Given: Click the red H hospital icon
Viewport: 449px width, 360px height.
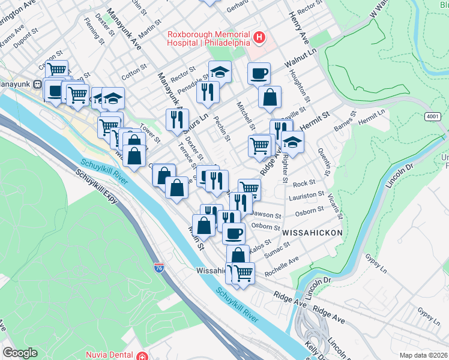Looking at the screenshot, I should [x=259, y=38].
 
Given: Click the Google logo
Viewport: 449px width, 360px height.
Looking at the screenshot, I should [x=20, y=353].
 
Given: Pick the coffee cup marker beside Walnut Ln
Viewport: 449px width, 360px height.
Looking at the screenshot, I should [x=259, y=73].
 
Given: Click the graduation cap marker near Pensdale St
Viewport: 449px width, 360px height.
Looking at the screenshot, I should [x=220, y=72].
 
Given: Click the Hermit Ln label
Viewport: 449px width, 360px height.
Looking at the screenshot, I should [x=372, y=113].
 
